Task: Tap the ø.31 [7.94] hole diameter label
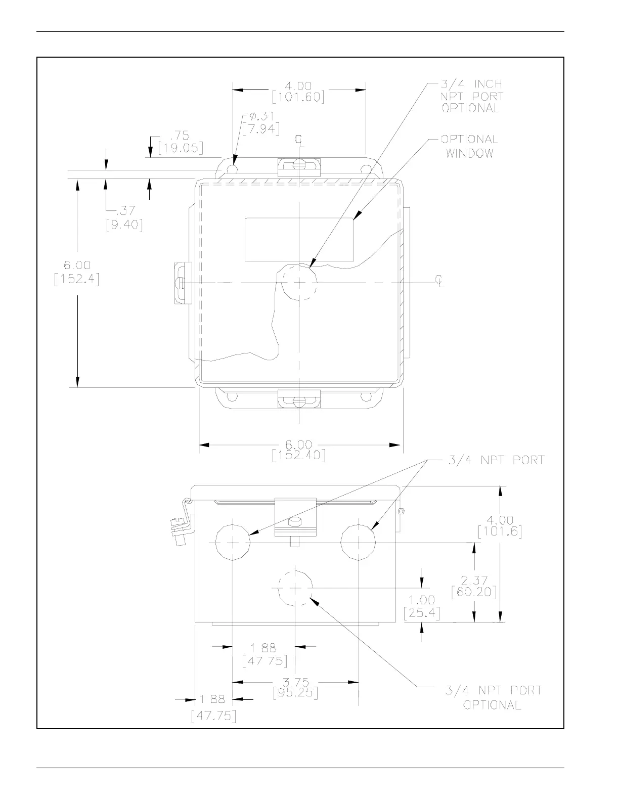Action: point(261,123)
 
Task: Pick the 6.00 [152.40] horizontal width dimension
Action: point(298,450)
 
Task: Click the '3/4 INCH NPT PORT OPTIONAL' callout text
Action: point(472,96)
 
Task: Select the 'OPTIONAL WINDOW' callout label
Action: point(469,146)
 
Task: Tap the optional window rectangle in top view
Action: point(298,240)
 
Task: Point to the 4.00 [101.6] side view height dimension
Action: point(500,526)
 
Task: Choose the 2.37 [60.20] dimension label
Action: point(474,586)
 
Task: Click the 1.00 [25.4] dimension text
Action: point(422,607)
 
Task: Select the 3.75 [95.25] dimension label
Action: point(295,688)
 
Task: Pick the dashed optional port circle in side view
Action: point(295,588)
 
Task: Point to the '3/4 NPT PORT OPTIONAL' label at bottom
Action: point(493,697)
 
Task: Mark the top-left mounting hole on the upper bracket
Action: point(232,168)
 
